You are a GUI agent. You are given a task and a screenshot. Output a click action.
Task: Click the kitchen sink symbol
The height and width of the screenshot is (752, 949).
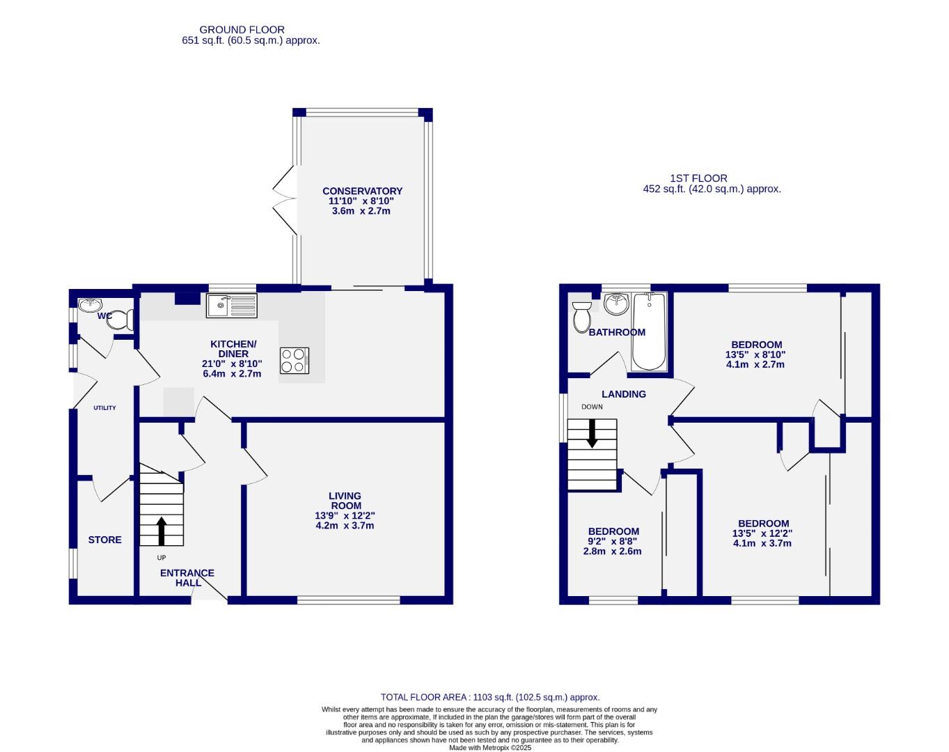coord(232,306)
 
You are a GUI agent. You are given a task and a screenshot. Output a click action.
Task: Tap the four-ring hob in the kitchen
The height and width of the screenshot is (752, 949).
coord(294,361)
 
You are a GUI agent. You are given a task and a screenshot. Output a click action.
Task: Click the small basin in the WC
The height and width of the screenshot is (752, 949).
coord(90,305)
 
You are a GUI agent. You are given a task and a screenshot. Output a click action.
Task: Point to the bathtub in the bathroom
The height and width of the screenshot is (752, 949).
coord(649,331)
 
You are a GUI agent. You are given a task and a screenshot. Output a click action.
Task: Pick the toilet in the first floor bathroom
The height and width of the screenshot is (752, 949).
coord(581,317)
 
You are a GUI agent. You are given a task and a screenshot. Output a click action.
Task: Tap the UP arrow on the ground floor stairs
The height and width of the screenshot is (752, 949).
coord(162,531)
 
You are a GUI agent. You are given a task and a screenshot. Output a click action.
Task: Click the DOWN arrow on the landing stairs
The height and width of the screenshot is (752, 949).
coord(593,433)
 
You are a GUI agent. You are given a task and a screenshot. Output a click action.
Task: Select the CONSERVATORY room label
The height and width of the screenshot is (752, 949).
coord(362,191)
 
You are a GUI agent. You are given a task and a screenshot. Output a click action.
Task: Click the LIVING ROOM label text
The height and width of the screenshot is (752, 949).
coord(345,501)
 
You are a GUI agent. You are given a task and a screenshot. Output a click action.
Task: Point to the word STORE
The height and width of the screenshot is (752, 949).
coord(104,540)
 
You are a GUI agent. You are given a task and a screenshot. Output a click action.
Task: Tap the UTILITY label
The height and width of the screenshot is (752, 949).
coord(105,408)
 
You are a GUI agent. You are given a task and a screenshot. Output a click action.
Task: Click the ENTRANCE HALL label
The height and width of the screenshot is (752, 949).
coord(187,577)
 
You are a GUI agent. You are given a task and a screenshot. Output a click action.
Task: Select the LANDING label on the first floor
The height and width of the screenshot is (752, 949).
coord(624,394)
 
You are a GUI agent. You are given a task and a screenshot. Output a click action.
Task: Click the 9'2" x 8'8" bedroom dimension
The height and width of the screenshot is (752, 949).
coord(612,541)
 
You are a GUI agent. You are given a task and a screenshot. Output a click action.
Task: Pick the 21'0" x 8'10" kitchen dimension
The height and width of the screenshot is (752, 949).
coord(232,363)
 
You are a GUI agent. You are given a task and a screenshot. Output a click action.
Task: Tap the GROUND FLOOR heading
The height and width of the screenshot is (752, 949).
coord(242,29)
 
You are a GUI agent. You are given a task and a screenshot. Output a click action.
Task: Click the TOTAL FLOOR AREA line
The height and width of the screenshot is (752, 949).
coord(489,697)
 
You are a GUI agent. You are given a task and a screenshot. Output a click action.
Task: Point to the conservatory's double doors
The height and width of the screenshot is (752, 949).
coord(284,199)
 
